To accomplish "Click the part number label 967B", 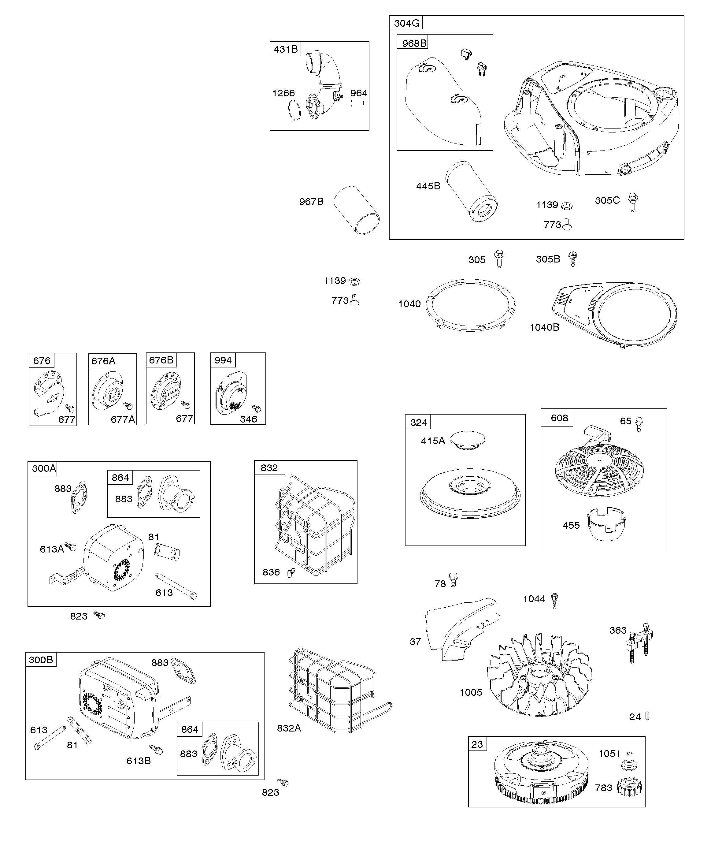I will coord(311,201).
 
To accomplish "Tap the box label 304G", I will coord(406,23).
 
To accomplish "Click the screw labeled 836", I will coord(291,572).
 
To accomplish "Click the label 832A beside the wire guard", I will coord(289,728).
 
